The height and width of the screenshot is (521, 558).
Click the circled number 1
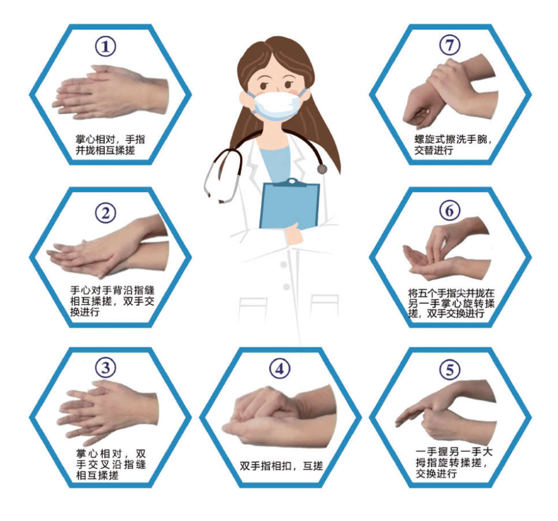pos(106,46)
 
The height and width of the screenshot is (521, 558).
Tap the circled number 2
pos(106,213)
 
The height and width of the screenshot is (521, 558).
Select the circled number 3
pos(106,368)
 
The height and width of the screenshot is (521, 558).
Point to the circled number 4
pos(280,369)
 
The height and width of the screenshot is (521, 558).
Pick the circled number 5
pos(450,370)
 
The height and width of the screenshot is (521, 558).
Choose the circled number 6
pos(450,211)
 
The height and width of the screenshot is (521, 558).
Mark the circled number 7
pos(450,45)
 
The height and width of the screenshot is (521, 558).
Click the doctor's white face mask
pos(277,105)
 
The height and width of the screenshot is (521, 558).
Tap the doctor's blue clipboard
pos(289,205)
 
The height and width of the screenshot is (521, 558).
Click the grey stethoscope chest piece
pos(322,169)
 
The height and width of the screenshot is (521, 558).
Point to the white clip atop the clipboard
pos(292,182)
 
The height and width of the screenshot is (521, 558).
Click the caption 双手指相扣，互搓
pos(281,466)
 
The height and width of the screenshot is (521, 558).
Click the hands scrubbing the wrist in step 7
pos(450,91)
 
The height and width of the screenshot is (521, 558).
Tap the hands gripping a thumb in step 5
pos(445,413)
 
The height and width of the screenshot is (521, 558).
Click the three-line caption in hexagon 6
pos(451,303)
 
